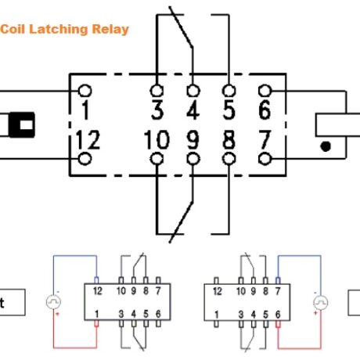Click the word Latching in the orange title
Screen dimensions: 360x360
(x=56, y=29)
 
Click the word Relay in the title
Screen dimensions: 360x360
(x=111, y=29)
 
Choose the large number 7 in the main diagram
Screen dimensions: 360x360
(x=265, y=142)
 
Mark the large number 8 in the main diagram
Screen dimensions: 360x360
(x=228, y=142)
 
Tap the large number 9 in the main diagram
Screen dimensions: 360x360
(x=193, y=142)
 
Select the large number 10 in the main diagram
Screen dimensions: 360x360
(x=157, y=142)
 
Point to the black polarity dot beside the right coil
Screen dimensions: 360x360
(x=325, y=145)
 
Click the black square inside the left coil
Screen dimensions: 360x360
(x=25, y=125)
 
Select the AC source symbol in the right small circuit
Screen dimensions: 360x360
(x=319, y=301)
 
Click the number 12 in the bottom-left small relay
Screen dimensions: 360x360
(x=96, y=290)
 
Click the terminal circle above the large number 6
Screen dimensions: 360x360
(x=265, y=91)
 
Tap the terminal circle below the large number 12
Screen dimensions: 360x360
(x=85, y=159)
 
